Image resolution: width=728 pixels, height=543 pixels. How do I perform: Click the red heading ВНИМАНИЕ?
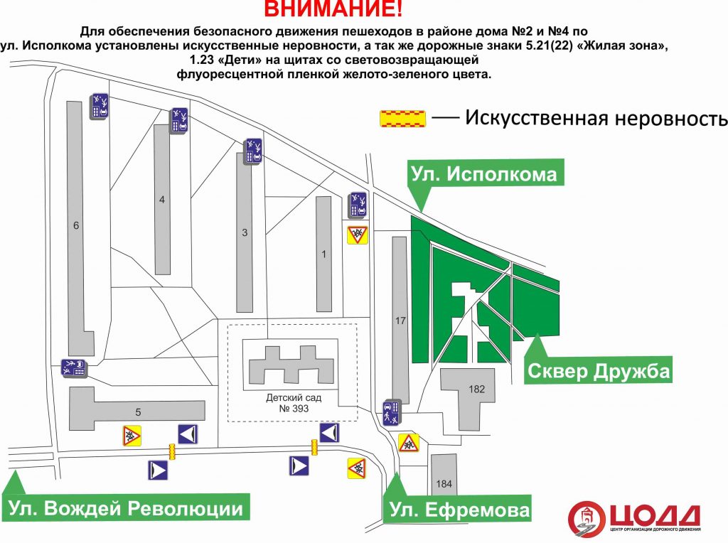coord(333,9)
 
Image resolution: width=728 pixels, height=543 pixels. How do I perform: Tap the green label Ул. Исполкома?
coord(484,174)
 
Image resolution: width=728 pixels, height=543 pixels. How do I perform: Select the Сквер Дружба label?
coord(599,371)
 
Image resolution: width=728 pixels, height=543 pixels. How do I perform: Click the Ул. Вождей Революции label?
coord(126,508)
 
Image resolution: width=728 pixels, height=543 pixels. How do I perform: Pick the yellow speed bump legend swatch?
coord(402,119)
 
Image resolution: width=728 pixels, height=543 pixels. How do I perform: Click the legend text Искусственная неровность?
coord(596,118)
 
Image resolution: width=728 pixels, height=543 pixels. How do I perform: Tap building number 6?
coord(76,225)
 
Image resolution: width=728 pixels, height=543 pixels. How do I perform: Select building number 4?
coord(162,200)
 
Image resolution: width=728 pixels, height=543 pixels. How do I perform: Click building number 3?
coord(245,232)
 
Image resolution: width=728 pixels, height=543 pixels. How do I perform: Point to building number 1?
coord(324,254)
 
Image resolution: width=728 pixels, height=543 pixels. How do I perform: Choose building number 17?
coord(400,321)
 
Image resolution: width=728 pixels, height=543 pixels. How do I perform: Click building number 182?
coord(477,389)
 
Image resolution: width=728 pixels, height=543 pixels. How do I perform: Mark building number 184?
coord(444,483)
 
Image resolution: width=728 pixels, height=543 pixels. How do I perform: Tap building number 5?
coord(138,412)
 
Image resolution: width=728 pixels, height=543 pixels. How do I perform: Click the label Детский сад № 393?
coord(294,403)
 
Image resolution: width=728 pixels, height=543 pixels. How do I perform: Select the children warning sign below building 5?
coord(132,436)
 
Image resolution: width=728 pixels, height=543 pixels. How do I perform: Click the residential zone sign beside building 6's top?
coord(100,107)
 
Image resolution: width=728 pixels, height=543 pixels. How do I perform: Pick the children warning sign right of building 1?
coord(358,235)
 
